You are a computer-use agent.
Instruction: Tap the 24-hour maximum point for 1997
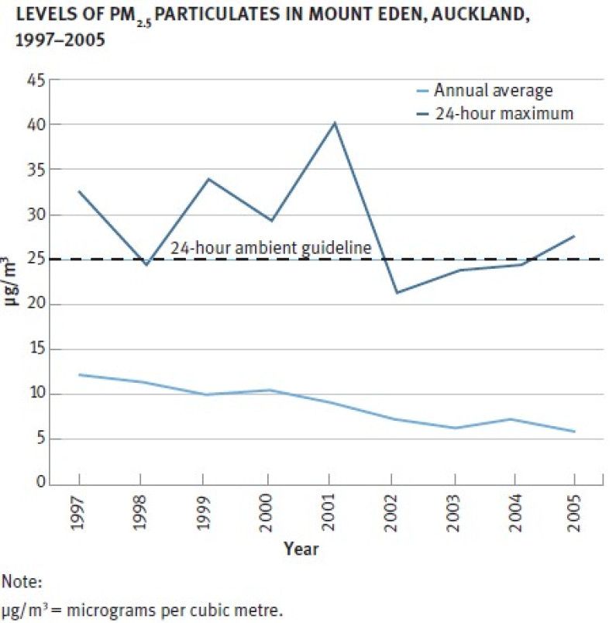point(79,191)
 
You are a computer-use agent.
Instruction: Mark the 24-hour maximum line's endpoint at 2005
point(574,236)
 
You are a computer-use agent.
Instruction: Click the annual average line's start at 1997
point(79,374)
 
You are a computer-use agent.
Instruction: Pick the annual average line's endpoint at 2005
point(574,432)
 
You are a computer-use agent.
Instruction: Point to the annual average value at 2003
point(457,428)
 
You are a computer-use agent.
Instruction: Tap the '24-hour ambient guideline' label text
point(270,249)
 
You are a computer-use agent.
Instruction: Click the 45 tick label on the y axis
point(36,79)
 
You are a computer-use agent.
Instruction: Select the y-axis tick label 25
point(36,260)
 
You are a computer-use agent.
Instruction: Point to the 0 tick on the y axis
point(40,484)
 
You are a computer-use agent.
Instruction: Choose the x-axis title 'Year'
point(300,549)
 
